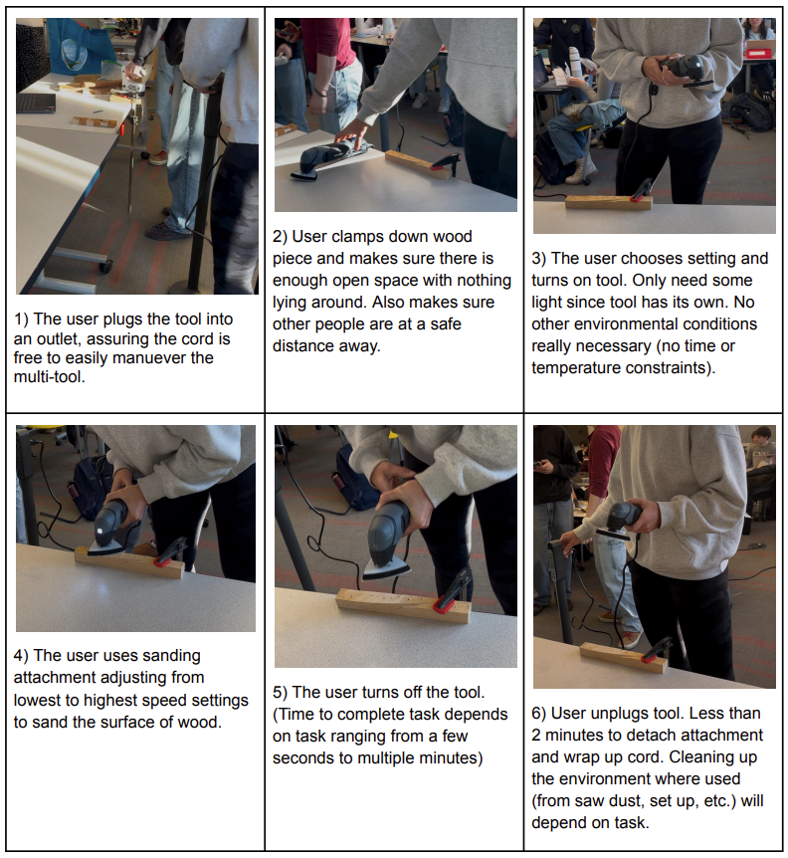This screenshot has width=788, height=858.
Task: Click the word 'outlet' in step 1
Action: point(58,338)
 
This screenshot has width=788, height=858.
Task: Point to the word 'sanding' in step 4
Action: point(172,656)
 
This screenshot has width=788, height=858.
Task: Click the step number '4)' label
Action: point(21,656)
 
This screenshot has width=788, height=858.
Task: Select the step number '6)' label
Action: point(539,714)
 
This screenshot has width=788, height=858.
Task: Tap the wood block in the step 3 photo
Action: point(608,202)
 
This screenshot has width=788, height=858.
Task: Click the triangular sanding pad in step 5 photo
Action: point(386,569)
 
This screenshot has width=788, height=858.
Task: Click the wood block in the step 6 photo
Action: point(623,657)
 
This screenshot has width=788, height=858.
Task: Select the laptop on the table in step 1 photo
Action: point(36,103)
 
